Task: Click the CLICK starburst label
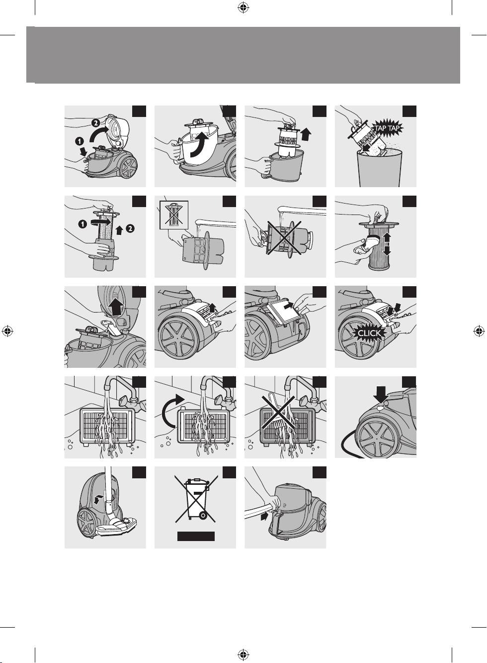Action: point(369,333)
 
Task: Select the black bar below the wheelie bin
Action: point(196,536)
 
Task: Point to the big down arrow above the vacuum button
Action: point(381,395)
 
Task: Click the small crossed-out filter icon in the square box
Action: point(174,215)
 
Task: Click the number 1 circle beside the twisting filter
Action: point(83,224)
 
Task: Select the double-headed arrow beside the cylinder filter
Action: point(387,244)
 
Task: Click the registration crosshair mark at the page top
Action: point(243,8)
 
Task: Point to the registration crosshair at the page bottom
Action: point(243,655)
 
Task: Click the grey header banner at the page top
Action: point(243,55)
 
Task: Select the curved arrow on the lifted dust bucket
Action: point(199,145)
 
